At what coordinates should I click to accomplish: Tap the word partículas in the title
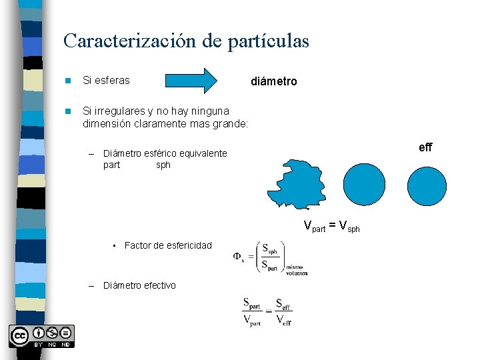(268, 41)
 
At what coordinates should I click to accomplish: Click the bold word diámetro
(273, 81)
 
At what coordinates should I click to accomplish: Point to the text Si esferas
(106, 81)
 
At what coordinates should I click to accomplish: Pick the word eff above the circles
(425, 147)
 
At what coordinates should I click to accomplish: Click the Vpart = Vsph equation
(331, 226)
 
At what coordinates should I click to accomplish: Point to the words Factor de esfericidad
(168, 245)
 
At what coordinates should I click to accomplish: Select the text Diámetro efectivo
(139, 285)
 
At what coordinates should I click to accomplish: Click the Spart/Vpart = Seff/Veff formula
(267, 311)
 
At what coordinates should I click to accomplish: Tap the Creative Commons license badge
(41, 336)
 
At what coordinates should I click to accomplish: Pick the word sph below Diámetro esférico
(163, 165)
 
